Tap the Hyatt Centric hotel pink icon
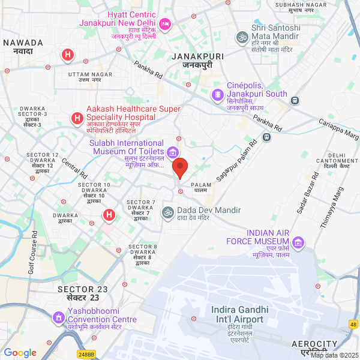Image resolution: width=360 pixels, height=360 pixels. [x=166, y=24]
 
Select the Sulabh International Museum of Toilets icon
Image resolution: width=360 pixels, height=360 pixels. [x=173, y=152]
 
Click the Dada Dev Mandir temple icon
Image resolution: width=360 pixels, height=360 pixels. [x=168, y=211]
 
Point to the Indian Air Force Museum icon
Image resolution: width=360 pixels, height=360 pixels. [x=298, y=242]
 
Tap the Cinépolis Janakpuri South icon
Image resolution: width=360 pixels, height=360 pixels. [x=217, y=94]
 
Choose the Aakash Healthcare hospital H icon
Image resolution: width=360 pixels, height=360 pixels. [x=77, y=118]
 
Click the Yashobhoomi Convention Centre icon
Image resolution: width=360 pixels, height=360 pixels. [x=59, y=316]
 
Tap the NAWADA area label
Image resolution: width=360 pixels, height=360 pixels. [x=23, y=43]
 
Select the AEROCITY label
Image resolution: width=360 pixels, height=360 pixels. [x=310, y=343]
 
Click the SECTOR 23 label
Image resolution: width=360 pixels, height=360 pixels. [x=82, y=289]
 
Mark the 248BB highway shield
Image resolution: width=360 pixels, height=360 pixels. [x=86, y=355]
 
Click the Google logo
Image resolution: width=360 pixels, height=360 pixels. [x=20, y=353]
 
